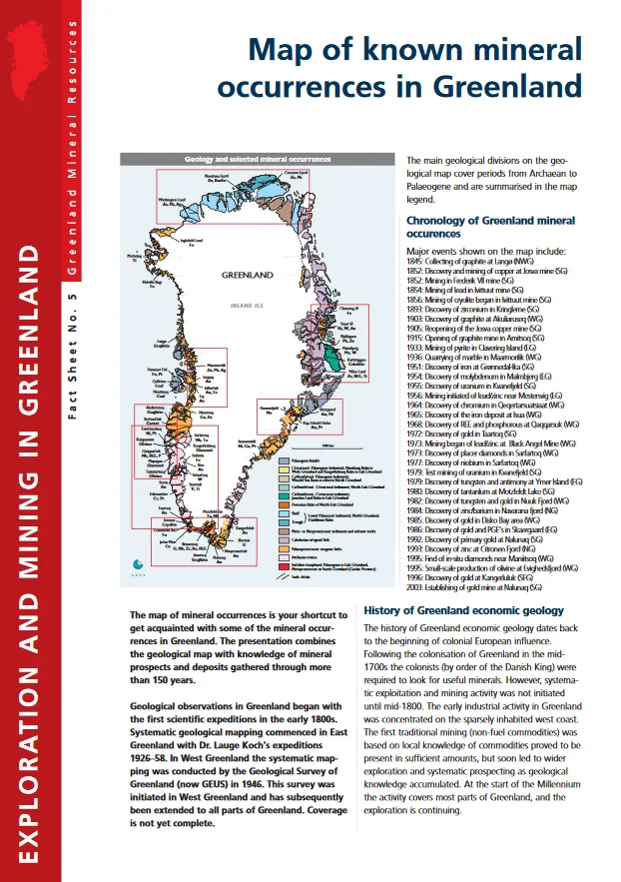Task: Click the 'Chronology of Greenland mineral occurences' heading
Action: (x=490, y=226)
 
